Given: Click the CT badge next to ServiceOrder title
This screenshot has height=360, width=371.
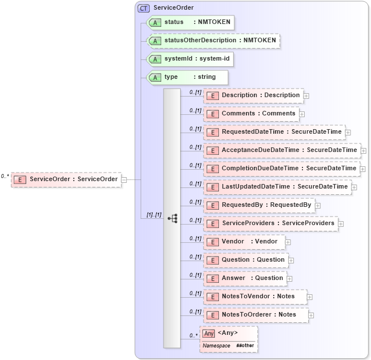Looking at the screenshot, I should (x=143, y=8).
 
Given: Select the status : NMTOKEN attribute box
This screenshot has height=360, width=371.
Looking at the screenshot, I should (x=190, y=22).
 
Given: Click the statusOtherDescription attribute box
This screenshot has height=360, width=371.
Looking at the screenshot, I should (x=213, y=41).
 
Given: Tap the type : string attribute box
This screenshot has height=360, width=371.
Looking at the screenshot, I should (x=187, y=77).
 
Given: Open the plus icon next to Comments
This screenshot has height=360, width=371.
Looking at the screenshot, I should (x=302, y=114).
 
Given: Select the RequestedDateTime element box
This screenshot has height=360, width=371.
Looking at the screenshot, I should (x=274, y=132).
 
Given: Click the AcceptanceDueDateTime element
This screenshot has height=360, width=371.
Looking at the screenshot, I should (x=282, y=150).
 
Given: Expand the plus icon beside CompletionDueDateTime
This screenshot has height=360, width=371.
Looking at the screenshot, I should (x=363, y=169).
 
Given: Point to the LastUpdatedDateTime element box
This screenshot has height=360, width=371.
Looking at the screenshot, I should (x=277, y=187).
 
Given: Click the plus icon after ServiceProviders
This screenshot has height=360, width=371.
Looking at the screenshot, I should (x=341, y=224).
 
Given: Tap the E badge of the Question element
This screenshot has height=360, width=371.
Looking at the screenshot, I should (x=212, y=260).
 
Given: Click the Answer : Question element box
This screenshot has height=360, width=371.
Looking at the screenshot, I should (x=245, y=278).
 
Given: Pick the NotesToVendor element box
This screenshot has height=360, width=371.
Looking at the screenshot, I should (x=255, y=297).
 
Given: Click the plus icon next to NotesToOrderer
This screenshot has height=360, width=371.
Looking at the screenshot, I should (x=312, y=315).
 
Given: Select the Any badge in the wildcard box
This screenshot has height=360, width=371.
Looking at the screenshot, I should (x=209, y=333).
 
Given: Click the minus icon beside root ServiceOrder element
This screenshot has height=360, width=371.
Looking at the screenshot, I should (x=124, y=179).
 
